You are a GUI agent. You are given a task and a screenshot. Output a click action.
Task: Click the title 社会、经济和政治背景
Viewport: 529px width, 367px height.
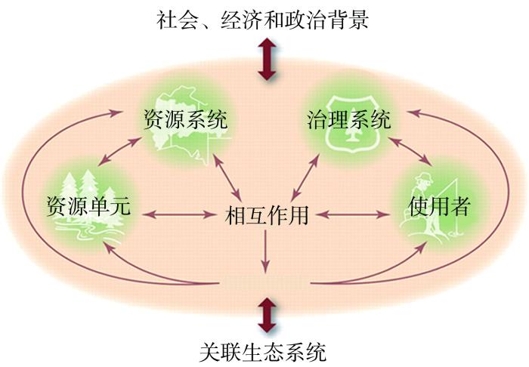(x=262, y=20)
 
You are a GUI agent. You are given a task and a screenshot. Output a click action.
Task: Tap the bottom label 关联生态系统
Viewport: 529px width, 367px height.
(x=263, y=352)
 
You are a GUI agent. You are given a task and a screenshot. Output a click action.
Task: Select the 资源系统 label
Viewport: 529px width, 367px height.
(x=186, y=119)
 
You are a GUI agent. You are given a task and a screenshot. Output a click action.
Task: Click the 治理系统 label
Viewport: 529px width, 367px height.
(x=349, y=119)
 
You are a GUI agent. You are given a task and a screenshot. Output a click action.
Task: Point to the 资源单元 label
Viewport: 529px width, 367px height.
(x=88, y=205)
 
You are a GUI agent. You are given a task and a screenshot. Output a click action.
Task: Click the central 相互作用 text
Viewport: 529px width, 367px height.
(x=267, y=215)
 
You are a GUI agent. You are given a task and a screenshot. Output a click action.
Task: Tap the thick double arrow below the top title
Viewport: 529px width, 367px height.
(x=267, y=59)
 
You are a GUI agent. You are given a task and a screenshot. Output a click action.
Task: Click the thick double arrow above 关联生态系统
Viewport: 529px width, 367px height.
(x=267, y=315)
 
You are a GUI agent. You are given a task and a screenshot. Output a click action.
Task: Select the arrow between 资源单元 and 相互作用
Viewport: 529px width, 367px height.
(x=179, y=214)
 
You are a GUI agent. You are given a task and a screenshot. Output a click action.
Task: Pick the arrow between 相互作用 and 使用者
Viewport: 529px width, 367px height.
(x=353, y=214)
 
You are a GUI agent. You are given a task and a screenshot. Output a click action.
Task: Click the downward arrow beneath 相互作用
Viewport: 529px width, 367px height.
(x=266, y=251)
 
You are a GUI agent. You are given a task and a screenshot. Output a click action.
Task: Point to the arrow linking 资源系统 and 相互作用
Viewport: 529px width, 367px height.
(x=227, y=177)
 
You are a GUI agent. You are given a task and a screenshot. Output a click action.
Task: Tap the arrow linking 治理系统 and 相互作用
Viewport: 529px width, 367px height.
(x=305, y=177)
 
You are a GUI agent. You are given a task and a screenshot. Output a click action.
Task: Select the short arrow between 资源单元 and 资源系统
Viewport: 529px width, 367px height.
(x=119, y=151)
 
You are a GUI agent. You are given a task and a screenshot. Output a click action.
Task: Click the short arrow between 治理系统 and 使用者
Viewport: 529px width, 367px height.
(x=410, y=151)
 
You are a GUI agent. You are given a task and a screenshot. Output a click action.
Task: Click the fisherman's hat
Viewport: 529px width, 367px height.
(x=424, y=177)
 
